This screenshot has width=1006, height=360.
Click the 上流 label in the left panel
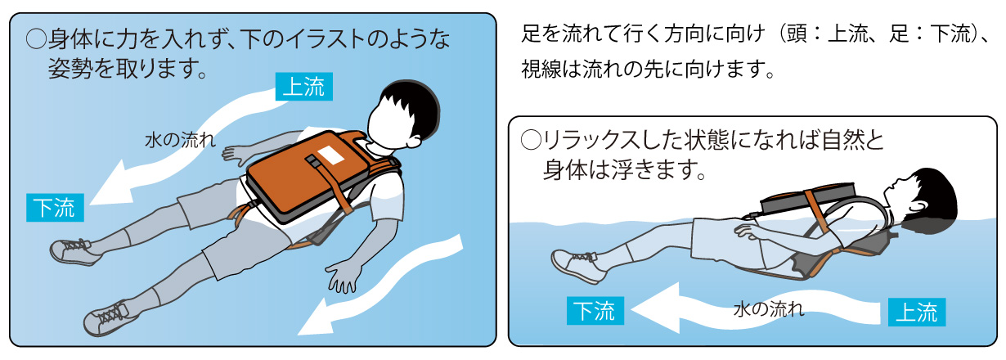(304, 86)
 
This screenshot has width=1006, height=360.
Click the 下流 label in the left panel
(55, 207)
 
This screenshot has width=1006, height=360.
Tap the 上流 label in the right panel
(917, 312)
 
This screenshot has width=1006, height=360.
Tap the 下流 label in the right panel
(595, 310)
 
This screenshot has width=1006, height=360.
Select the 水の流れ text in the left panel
(180, 140)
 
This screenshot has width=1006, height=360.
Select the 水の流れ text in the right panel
(769, 309)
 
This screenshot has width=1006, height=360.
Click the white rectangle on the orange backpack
(330, 155)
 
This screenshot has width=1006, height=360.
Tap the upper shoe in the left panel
(74, 252)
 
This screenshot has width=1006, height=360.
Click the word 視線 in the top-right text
(541, 69)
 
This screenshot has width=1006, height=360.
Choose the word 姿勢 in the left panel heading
(68, 69)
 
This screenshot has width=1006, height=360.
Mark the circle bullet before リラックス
(531, 140)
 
